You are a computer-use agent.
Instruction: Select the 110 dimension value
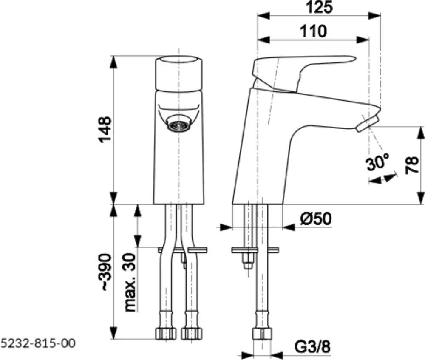pyautogui.click(x=313, y=31)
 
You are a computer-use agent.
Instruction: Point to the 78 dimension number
pyautogui.click(x=412, y=165)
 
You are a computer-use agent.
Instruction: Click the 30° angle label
pyautogui.click(x=377, y=162)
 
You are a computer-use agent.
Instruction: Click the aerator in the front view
pyautogui.click(x=178, y=125)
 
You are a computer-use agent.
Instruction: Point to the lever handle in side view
pyautogui.click(x=297, y=68)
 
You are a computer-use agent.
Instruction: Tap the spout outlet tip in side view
pyautogui.click(x=368, y=123)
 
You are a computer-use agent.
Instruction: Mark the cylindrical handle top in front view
pyautogui.click(x=178, y=72)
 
